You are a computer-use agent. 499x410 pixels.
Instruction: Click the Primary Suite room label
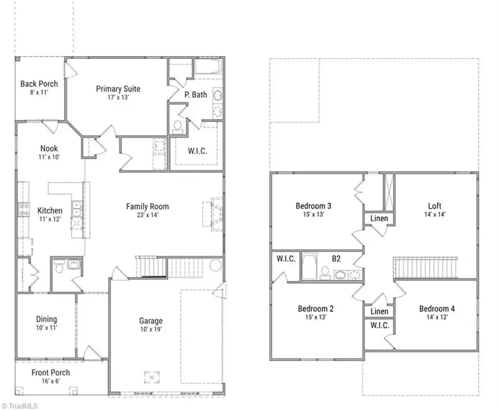pyautogui.click(x=118, y=89)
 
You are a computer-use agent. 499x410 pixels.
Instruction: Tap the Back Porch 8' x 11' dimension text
pyautogui.click(x=39, y=93)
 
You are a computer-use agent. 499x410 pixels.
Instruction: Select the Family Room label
pyautogui.click(x=147, y=206)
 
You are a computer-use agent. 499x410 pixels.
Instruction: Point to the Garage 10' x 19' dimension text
pyautogui.click(x=151, y=330)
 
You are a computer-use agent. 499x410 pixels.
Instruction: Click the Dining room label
pyautogui.click(x=47, y=319)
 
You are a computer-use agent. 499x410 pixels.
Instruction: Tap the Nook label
pyautogui.click(x=49, y=148)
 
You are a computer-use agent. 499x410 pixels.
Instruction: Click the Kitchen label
pyautogui.click(x=50, y=211)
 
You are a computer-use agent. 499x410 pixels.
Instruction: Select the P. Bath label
pyautogui.click(x=196, y=94)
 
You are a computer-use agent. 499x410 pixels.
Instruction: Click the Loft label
pyautogui.click(x=435, y=206)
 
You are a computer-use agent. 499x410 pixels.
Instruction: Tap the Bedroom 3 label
pyautogui.click(x=318, y=206)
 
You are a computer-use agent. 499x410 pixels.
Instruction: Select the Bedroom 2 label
pyautogui.click(x=316, y=308)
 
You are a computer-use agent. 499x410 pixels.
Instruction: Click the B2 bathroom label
pyautogui.click(x=336, y=258)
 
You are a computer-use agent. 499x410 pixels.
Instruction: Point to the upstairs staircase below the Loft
pyautogui.click(x=426, y=268)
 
